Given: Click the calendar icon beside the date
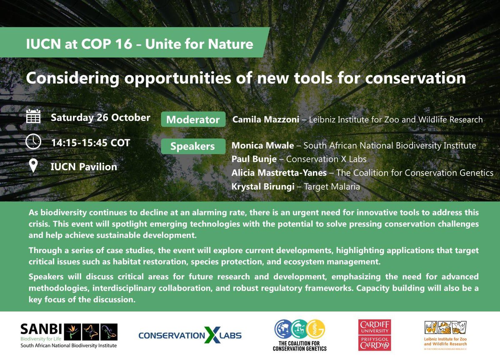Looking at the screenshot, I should (33, 116).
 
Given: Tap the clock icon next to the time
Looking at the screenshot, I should (33, 142).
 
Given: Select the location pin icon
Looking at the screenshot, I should (33, 166).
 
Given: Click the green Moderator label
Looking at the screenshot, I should (193, 120).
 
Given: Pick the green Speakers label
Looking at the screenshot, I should (192, 146).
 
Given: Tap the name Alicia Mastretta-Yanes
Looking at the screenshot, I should (279, 172).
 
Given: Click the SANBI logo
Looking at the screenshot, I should (69, 335).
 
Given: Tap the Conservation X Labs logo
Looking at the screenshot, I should (190, 335).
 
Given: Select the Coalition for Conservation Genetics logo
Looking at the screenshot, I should (300, 335).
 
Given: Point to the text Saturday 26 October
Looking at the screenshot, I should (100, 117).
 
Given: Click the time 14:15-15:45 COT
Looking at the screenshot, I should (90, 142).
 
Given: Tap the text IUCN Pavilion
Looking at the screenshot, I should (84, 167).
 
